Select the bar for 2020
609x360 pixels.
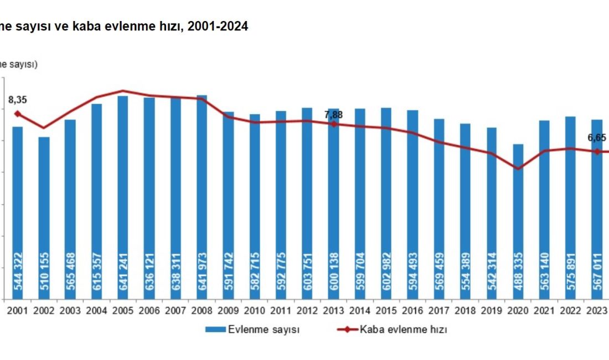pyautogui.click(x=518, y=222)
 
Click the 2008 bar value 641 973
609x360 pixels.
pyautogui.click(x=202, y=276)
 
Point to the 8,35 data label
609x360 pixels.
pyautogui.click(x=18, y=100)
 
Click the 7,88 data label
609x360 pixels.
pyautogui.click(x=333, y=115)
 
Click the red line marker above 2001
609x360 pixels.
pyautogui.click(x=17, y=114)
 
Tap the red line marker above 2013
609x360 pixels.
pyautogui.click(x=333, y=124)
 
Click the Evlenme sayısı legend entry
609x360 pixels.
pyautogui.click(x=264, y=330)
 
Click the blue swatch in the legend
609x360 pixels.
pyautogui.click(x=215, y=330)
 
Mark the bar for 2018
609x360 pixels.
pyautogui.click(x=466, y=211)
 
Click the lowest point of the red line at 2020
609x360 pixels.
pyautogui.click(x=518, y=168)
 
